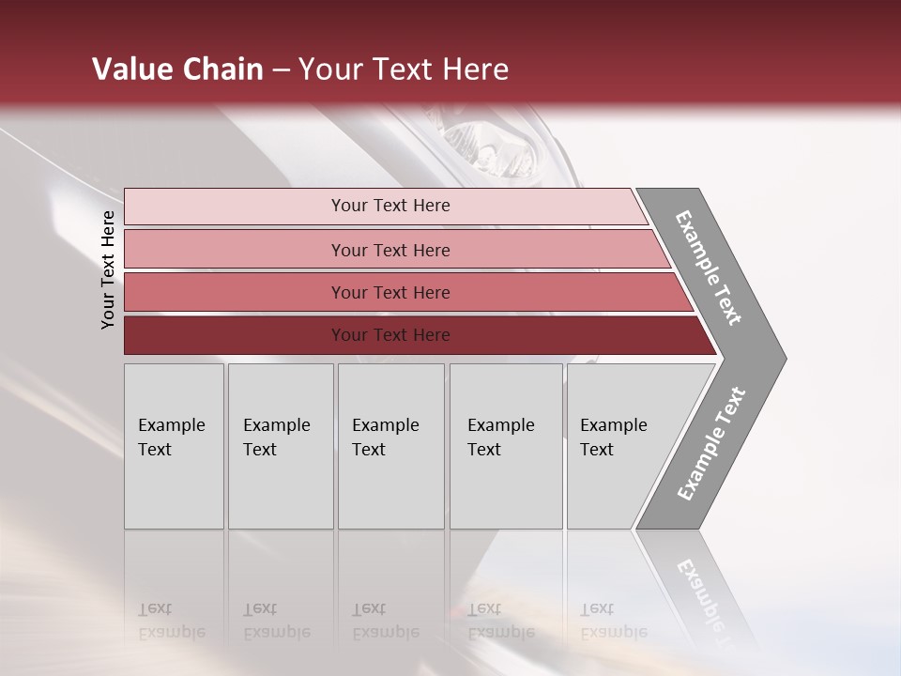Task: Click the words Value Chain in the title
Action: click(177, 69)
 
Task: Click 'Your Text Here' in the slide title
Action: click(404, 69)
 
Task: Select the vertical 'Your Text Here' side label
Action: click(108, 269)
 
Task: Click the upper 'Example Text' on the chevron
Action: click(709, 268)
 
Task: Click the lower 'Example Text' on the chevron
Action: click(710, 444)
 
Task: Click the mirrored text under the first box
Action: click(171, 621)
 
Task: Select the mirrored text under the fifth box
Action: click(613, 621)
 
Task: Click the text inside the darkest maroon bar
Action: click(390, 335)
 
